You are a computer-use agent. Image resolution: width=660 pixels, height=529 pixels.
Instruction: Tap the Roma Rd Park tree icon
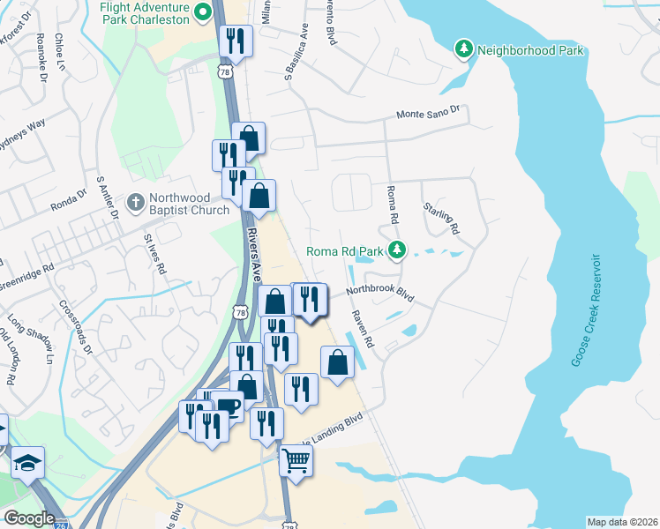(x=397, y=251)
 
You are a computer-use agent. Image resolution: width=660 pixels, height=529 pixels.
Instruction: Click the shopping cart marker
(x=296, y=460)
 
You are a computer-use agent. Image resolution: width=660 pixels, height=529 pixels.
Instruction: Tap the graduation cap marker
(x=28, y=462)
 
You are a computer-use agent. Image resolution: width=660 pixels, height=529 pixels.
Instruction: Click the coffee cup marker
(x=229, y=406)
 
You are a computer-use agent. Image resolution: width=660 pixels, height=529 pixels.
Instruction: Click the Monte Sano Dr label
(x=429, y=113)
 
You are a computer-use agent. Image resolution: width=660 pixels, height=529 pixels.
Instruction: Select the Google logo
(x=28, y=518)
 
